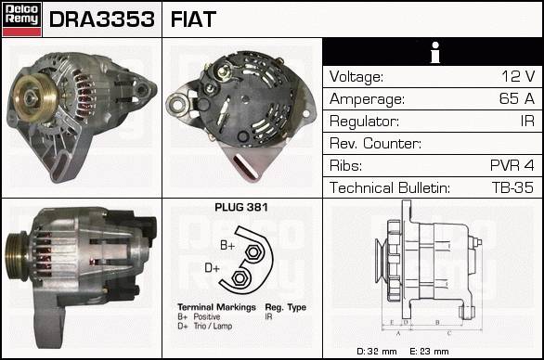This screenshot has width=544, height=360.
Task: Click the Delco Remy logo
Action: pos(21,19)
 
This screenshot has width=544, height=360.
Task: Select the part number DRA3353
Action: pos(102,19)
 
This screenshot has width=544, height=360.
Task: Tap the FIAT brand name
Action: pos(193,19)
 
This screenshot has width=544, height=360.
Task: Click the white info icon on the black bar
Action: pos(435,53)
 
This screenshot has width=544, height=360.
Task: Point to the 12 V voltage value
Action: pos(518,76)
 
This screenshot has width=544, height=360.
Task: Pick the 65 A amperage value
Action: pos(517,98)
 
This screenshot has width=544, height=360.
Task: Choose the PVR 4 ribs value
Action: pos(512,165)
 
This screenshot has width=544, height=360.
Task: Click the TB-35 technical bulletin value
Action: pos(512,187)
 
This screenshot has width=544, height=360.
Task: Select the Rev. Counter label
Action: pos(375,143)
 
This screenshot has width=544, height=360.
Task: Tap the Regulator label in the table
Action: pos(364,122)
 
